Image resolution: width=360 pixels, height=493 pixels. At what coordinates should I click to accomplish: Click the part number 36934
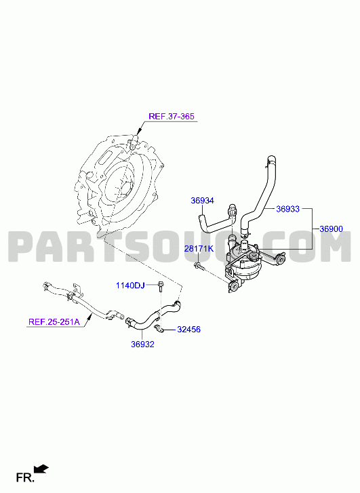click(x=202, y=200)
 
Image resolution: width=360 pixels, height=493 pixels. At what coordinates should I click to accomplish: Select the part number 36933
click(x=287, y=209)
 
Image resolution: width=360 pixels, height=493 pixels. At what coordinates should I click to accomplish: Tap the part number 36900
click(x=331, y=229)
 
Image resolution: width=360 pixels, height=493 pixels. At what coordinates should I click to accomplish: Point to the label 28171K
click(x=199, y=249)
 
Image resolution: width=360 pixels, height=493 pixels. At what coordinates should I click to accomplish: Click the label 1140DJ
click(x=130, y=285)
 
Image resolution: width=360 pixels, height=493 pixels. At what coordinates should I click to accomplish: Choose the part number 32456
click(x=188, y=330)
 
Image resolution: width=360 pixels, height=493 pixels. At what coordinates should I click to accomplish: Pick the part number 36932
click(x=142, y=344)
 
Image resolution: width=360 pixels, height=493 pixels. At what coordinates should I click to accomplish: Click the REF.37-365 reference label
click(x=172, y=117)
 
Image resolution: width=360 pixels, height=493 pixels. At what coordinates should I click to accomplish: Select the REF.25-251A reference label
click(x=54, y=321)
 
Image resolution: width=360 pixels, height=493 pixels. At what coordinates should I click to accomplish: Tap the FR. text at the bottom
click(x=25, y=478)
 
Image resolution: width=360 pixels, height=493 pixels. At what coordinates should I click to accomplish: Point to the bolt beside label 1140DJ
click(x=161, y=285)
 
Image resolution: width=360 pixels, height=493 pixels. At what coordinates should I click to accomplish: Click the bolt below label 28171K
click(x=199, y=266)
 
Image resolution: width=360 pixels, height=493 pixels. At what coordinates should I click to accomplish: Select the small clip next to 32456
click(x=159, y=329)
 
